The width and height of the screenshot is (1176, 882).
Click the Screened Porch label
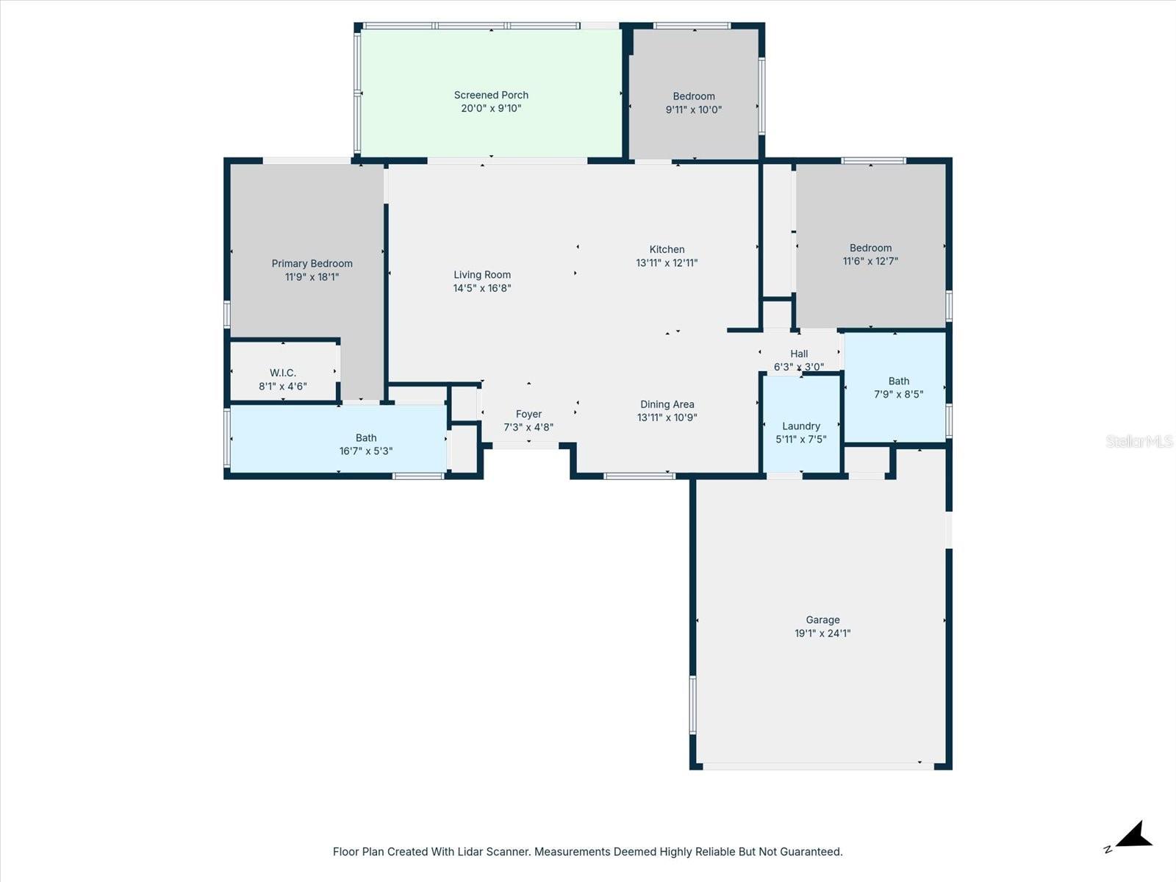point(491,95)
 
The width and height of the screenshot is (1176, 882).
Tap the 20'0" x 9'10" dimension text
point(491,109)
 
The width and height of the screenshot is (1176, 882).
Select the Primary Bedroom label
point(312,264)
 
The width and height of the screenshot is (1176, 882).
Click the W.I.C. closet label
point(282,373)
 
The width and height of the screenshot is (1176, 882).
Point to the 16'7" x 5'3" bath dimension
point(366,451)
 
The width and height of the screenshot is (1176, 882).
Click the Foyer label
point(528,414)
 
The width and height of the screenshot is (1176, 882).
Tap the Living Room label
point(481,275)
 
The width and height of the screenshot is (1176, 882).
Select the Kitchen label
point(667,249)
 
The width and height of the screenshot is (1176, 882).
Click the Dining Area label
point(667,404)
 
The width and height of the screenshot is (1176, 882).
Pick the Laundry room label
point(800,426)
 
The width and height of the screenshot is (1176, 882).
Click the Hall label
point(799,354)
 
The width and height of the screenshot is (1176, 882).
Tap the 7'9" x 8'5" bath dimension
point(898,395)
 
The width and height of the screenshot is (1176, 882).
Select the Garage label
point(822,620)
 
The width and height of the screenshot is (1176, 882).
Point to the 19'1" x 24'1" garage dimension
point(822,634)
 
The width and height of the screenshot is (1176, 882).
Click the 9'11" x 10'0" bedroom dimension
point(694,110)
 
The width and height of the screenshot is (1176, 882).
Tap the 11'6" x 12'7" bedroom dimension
point(870,262)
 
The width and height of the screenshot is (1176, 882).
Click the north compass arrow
point(1133,836)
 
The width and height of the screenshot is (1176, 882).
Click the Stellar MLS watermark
point(1139,442)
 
